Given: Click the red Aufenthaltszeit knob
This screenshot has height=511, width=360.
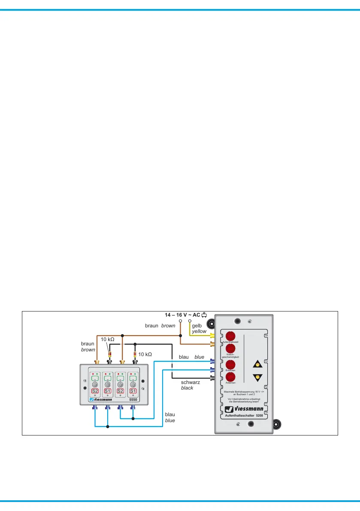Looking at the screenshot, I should coord(230,336).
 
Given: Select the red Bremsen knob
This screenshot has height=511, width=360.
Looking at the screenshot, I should coord(230,365).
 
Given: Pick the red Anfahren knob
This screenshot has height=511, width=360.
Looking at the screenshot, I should coord(230,378).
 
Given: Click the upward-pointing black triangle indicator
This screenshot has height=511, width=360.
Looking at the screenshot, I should coord(257,364).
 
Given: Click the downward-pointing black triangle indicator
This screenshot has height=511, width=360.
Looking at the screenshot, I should coord(257,378).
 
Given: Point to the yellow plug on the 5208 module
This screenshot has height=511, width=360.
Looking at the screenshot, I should coord(212,336).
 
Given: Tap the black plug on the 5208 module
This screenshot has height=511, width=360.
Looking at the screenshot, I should coord(212,378).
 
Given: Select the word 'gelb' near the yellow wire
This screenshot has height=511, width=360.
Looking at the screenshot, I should coord(197,326).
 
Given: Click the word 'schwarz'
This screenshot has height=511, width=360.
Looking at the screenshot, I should coord(191,382).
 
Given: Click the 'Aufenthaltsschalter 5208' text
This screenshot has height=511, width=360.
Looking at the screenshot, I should coord(244,416).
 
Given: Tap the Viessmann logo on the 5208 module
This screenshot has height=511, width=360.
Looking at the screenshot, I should coord(243,409).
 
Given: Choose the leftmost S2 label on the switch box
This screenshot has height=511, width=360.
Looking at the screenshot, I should coord(95,391).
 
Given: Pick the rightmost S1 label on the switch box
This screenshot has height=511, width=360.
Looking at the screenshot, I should coord(133,391).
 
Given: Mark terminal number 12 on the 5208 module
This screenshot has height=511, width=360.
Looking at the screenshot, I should coord(266,388).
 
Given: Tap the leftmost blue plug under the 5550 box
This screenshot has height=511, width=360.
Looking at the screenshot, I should coord(95,407).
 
